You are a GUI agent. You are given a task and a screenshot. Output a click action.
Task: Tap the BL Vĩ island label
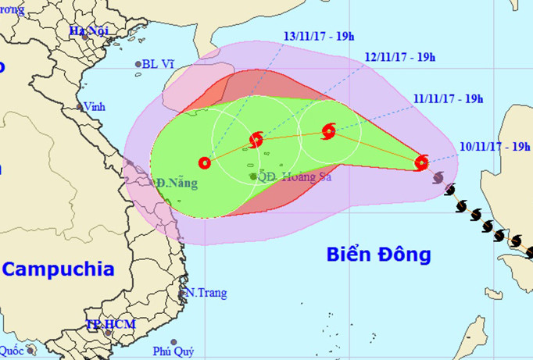coord(159,65)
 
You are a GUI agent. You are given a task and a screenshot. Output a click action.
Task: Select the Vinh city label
coord(94,107)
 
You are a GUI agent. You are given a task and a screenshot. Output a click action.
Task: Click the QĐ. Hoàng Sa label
coord(288,176)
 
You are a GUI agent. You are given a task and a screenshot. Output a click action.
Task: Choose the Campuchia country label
coord(59,269)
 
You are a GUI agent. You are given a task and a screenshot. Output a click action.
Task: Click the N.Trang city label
coord(206,294)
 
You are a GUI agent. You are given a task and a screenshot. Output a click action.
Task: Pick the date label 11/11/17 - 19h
coord(449,98)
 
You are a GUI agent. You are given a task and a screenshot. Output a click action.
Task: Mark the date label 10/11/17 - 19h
coord(495,146)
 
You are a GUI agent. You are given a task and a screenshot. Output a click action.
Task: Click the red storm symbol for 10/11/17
coord(421,162)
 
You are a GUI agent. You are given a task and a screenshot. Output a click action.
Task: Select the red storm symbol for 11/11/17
coord(328,130)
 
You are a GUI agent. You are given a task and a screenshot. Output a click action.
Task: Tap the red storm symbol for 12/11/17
coord(256,141)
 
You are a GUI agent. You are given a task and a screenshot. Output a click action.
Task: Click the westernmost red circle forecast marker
coord(205,163)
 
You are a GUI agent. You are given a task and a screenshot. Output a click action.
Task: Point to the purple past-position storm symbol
coord(438,177)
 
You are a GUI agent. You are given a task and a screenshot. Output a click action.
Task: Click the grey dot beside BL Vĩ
coord(138,65)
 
